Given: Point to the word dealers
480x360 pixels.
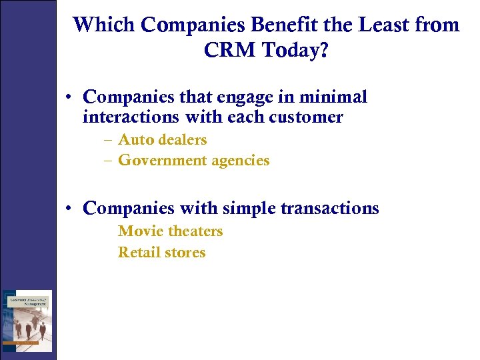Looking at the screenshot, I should point(181,140).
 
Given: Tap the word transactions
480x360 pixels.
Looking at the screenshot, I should point(330,208).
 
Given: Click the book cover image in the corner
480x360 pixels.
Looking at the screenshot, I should point(27,320).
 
